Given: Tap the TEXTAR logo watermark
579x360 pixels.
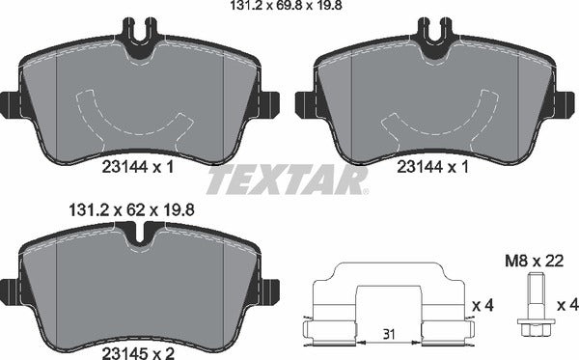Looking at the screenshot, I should [288, 180].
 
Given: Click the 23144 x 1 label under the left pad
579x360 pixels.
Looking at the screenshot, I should [138, 167].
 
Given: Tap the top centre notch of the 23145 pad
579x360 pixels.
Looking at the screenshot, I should [139, 232].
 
